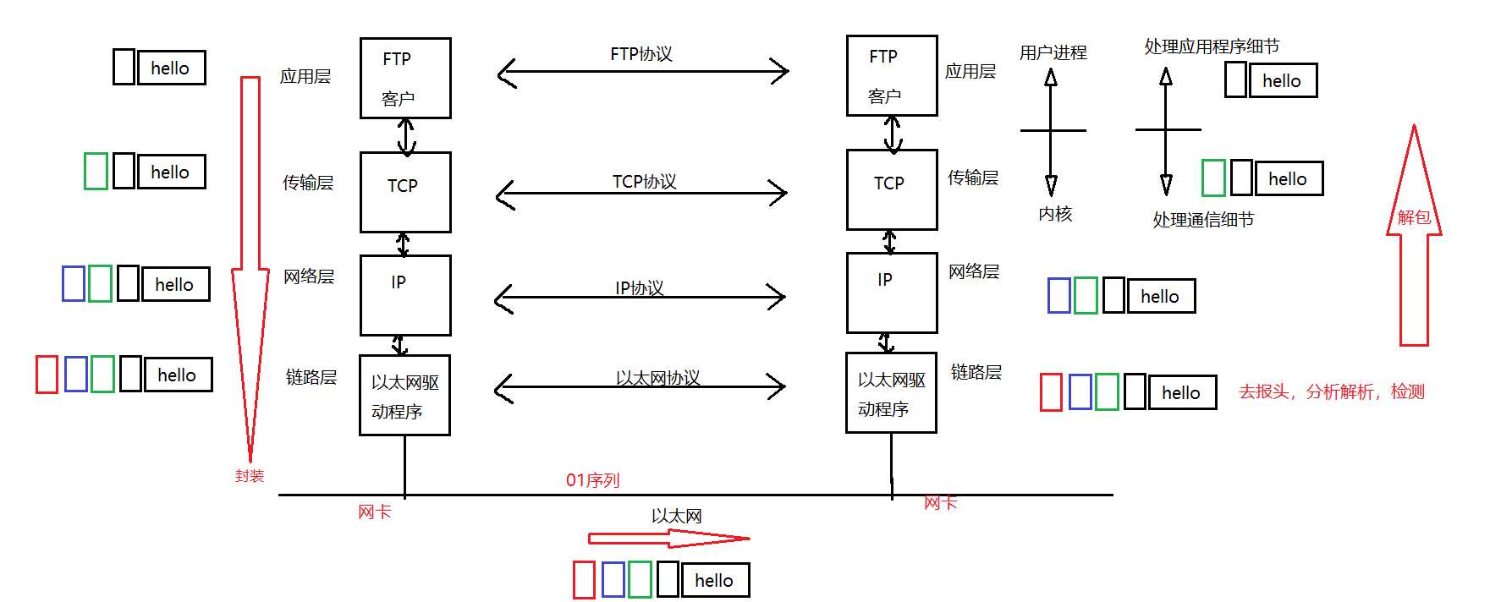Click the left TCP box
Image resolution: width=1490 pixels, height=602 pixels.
(x=404, y=192)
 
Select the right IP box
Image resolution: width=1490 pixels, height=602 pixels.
(x=891, y=293)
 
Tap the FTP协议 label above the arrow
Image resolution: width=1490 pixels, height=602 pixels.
(x=641, y=54)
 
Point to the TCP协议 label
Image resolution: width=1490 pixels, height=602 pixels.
(x=644, y=182)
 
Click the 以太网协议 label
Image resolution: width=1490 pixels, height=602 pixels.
(x=657, y=378)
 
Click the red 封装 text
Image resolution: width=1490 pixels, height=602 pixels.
(x=250, y=476)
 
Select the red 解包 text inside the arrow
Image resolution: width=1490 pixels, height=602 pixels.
(x=1413, y=217)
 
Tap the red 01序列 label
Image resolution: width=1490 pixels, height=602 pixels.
(x=592, y=480)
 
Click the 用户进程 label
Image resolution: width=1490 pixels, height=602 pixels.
(x=1053, y=52)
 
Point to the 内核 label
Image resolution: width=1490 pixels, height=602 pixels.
(x=1055, y=214)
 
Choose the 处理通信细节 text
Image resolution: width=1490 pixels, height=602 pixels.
(x=1202, y=220)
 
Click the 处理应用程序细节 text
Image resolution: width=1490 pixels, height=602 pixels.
(x=1212, y=47)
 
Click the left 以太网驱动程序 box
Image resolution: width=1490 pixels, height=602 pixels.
(x=404, y=396)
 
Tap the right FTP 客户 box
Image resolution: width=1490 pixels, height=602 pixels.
(x=891, y=76)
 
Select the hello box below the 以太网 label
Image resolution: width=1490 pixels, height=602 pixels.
(x=715, y=580)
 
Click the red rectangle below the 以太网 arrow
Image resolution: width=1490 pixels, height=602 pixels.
(x=584, y=580)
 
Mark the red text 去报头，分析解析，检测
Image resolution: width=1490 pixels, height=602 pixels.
(x=1331, y=391)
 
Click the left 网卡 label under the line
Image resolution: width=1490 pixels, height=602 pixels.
(x=374, y=512)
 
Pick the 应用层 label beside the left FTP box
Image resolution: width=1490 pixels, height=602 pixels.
(x=305, y=77)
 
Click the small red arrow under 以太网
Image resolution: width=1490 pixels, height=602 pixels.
(x=668, y=538)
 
